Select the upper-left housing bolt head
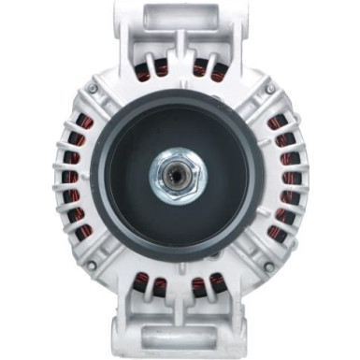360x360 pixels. click(92, 89)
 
